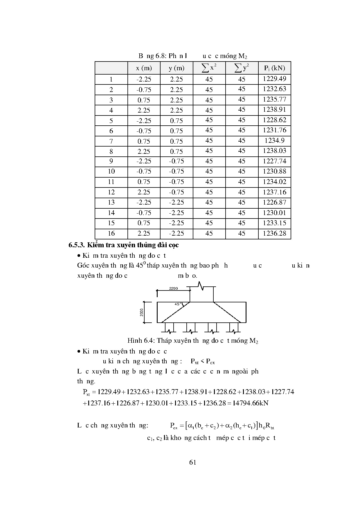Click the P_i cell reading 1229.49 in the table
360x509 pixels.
274,79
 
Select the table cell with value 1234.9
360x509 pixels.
274,141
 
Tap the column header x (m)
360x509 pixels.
144,68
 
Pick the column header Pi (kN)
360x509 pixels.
274,68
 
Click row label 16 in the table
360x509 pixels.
111,233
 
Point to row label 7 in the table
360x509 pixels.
111,141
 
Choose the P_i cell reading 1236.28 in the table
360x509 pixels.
274,233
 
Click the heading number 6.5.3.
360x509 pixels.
76,245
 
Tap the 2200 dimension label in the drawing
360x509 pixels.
173,288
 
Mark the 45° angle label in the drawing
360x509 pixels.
178,304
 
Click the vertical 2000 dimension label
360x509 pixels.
142,312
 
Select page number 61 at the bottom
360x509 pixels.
192,463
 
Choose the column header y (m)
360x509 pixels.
177,68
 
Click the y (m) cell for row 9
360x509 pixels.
177,161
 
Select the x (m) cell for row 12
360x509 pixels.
144,192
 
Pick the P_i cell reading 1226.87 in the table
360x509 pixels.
274,202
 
